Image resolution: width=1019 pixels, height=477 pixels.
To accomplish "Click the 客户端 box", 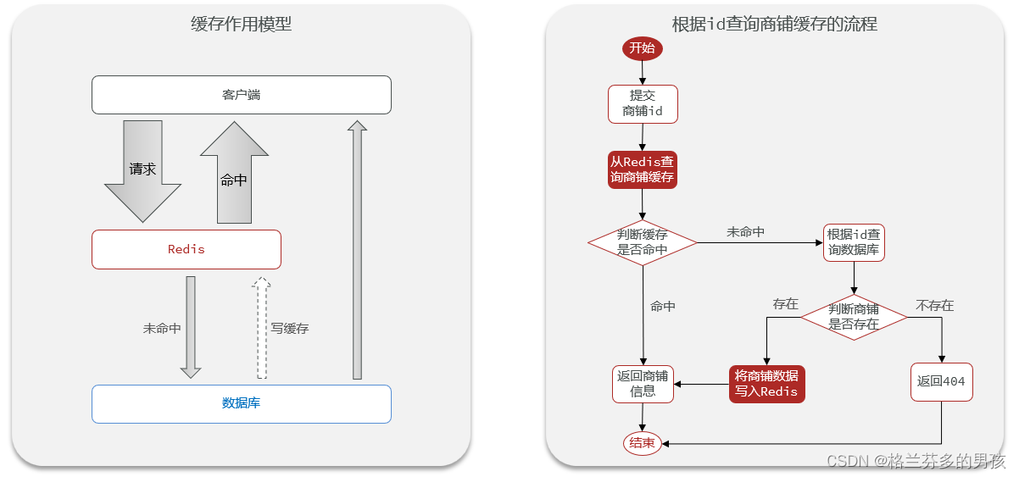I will coord(241,95).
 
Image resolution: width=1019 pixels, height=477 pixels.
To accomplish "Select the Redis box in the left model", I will coord(186,249).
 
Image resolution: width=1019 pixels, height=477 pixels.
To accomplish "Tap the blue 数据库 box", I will coord(241,403).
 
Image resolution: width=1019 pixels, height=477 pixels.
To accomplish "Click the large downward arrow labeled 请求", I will coord(142,171).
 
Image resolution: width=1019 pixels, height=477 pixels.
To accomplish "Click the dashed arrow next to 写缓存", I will coord(262,328).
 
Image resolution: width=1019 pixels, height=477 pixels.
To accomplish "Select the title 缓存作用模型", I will coord(241,25).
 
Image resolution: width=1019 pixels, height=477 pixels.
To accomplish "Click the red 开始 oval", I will coord(642,48).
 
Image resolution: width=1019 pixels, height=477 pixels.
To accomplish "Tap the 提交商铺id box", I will coord(643,103).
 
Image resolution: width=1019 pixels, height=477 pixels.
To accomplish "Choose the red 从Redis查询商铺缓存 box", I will coord(643,169).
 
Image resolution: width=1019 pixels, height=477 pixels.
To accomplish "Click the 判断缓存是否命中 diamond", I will coord(642,242).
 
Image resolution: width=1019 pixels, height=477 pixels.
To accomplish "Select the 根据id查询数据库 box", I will coord(854,242).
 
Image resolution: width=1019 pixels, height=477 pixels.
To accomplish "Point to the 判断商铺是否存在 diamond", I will coord(854,316).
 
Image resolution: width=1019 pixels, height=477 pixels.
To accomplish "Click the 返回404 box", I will coord(941,381).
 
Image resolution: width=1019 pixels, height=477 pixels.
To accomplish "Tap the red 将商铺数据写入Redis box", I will coord(766,384).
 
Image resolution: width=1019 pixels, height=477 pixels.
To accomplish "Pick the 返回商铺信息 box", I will coord(643,384).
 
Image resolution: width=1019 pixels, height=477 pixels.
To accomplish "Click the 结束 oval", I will coord(642,443).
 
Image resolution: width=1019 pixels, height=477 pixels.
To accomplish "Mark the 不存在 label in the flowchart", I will coord(934,305).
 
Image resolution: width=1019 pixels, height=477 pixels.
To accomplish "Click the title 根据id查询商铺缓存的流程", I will coord(774,25).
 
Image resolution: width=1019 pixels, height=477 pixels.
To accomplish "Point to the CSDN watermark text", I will coord(916,461).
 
